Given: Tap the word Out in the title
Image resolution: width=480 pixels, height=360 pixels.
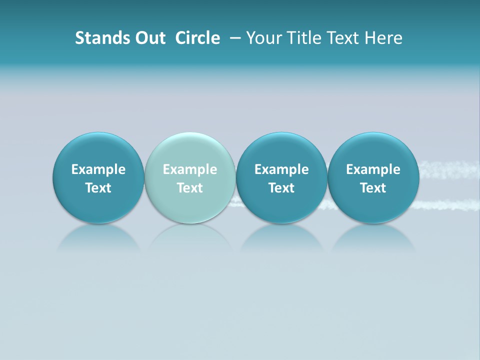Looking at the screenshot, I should pos(149,38).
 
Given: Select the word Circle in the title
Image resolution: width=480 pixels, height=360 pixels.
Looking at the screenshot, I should pos(197,38).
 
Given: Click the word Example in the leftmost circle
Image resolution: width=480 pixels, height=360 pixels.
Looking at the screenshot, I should pos(98,169).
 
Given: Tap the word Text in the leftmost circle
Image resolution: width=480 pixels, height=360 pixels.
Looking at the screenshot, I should pos(98,188).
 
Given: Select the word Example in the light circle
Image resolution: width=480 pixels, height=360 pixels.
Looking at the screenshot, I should pos(190,169).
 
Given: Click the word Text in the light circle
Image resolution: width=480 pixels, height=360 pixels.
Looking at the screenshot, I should pos(190,188).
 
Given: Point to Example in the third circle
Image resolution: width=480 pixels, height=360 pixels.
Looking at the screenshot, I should pos(281,169).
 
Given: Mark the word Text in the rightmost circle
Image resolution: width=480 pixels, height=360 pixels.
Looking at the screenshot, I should pos(373,188).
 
